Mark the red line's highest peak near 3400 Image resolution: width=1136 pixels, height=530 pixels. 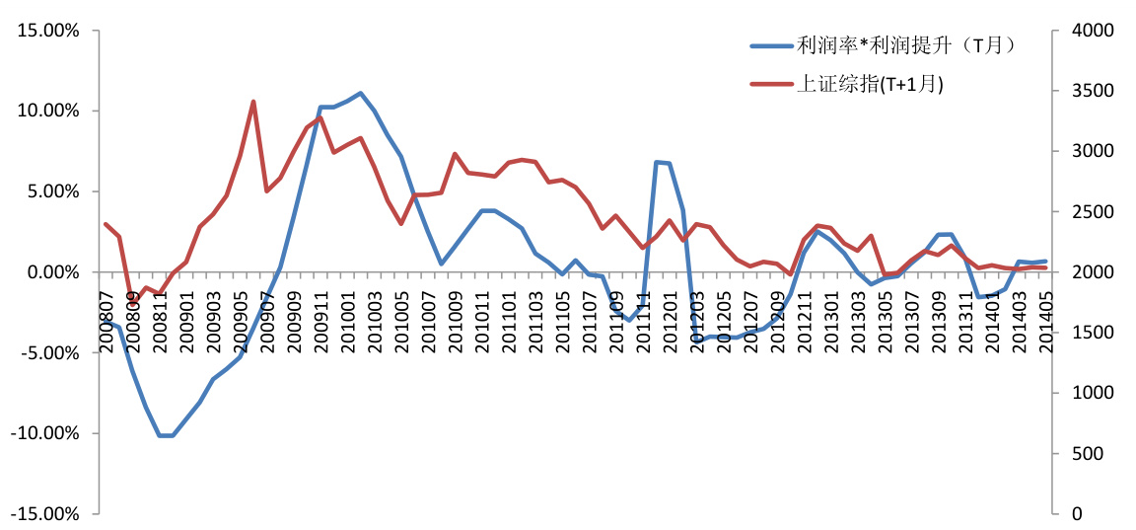pos(253,102)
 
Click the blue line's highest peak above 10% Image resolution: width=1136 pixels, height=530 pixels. pos(361,94)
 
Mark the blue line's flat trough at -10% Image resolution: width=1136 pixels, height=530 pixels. pos(166,435)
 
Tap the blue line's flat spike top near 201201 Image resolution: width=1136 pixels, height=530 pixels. pos(663,163)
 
